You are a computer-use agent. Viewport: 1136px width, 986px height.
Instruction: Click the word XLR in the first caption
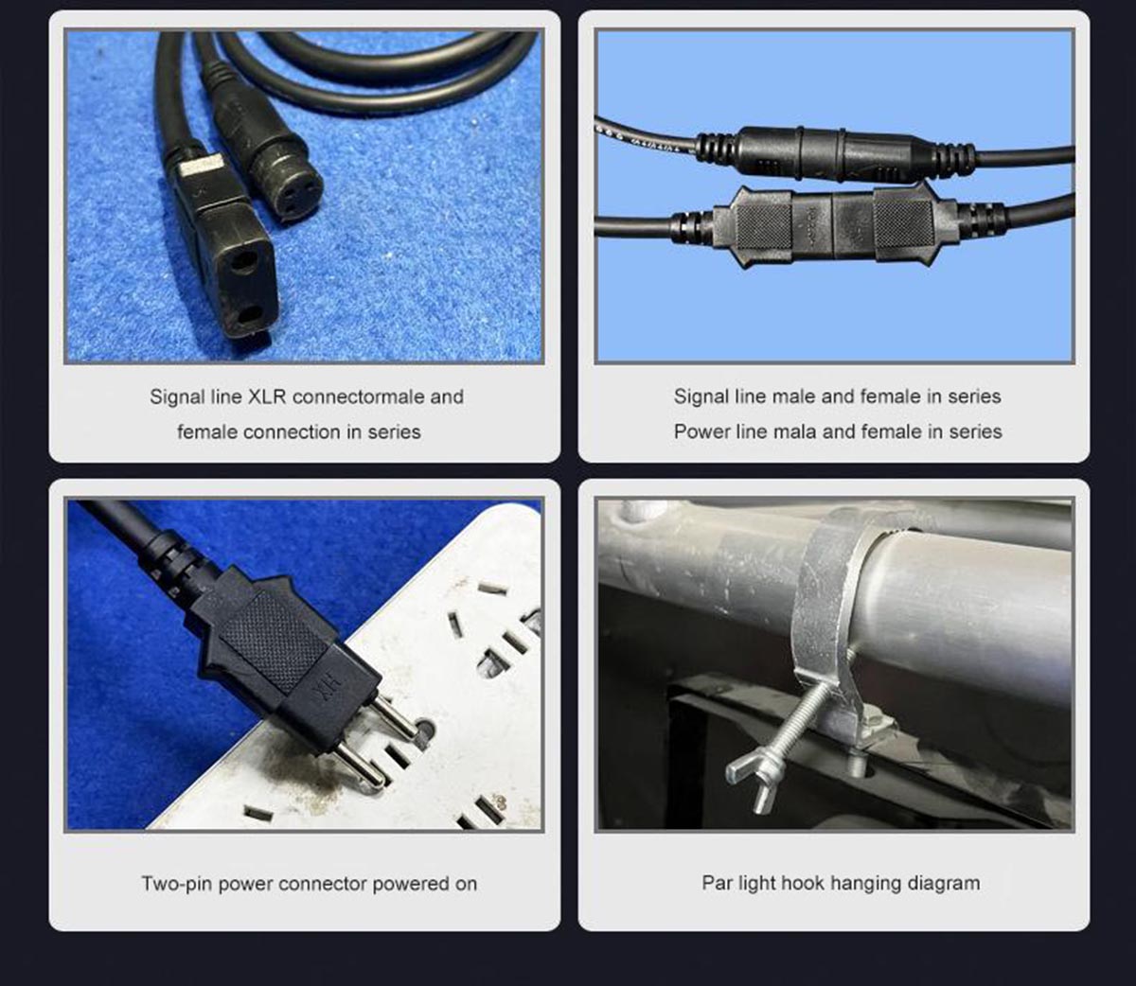[x=267, y=396]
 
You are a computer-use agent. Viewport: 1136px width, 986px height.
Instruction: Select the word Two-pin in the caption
[x=177, y=884]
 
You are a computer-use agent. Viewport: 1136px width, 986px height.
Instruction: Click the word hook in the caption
[x=803, y=883]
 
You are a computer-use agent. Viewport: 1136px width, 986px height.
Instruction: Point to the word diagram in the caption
[x=943, y=884]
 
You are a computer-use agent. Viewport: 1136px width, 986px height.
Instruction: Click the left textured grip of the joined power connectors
[x=763, y=223]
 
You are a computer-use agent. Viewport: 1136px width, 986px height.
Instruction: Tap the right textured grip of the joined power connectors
[x=902, y=223]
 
